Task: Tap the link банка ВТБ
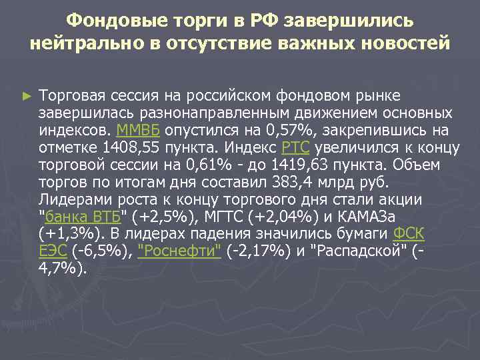pyautogui.click(x=82, y=217)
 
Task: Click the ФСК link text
pyautogui.click(x=410, y=234)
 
